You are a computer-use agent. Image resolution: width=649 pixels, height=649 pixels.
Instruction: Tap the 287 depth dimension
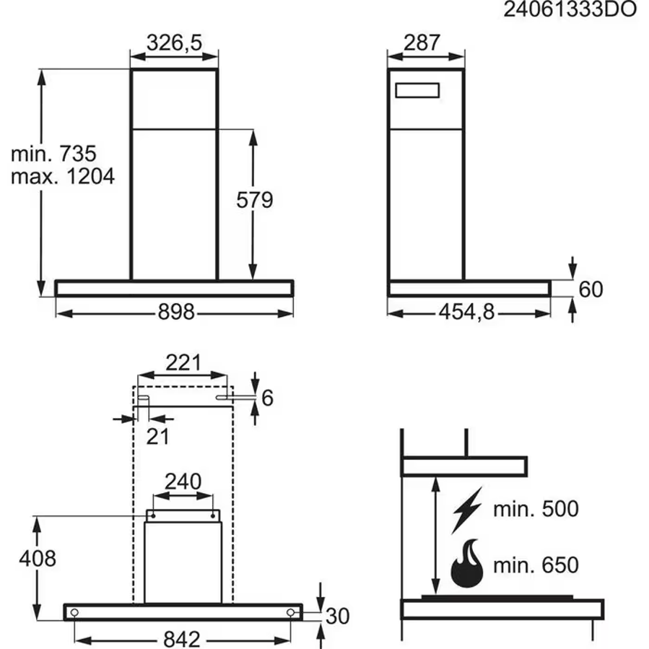coord(422,43)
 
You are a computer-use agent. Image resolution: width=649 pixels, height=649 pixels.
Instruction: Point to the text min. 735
coord(53,154)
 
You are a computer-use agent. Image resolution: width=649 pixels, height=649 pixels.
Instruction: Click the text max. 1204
coord(62,177)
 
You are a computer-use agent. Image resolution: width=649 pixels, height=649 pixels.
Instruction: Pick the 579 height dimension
coord(255,200)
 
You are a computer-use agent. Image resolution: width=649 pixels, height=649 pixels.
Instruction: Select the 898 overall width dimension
coord(175,312)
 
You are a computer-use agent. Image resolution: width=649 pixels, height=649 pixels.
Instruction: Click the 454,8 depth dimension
coord(467,312)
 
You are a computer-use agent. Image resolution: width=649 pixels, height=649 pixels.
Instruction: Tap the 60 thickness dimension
coord(591,289)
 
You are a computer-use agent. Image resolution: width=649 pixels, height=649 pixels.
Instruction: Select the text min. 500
coord(536,509)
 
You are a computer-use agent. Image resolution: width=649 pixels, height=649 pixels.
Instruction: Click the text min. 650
coord(536,564)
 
